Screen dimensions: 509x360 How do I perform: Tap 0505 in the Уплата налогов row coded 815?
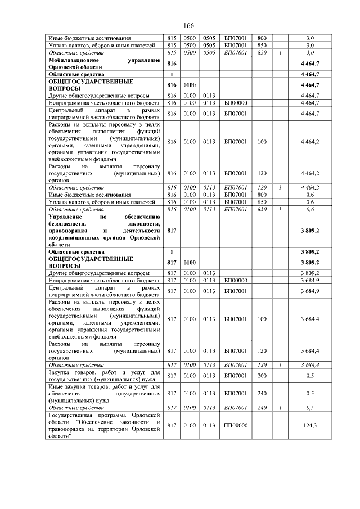click(209, 44)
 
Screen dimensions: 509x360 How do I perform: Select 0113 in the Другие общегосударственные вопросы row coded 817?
click(209, 272)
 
